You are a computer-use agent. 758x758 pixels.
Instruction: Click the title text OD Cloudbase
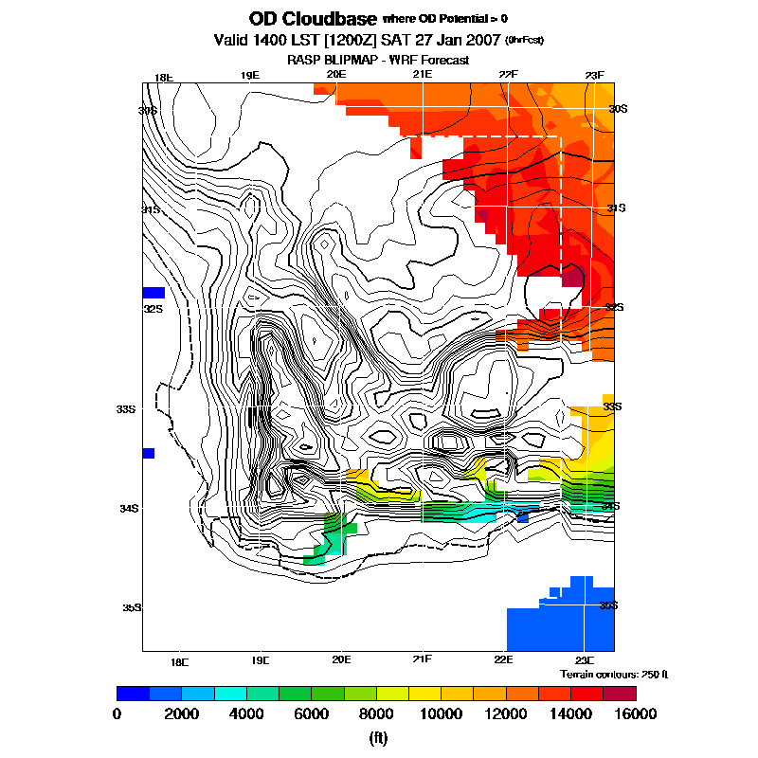[x=312, y=19]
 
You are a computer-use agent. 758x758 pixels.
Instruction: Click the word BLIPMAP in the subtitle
[x=355, y=60]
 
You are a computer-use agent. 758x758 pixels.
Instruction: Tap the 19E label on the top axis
[x=250, y=76]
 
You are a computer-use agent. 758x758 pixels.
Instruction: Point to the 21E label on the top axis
[x=423, y=76]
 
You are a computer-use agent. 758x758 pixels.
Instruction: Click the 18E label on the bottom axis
[x=179, y=660]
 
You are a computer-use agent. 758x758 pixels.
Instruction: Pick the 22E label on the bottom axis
[x=503, y=659]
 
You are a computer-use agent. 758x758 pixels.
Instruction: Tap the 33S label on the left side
[x=127, y=409]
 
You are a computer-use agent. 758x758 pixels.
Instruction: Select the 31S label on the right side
[x=616, y=208]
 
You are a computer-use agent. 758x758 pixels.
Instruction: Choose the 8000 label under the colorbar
[x=376, y=713]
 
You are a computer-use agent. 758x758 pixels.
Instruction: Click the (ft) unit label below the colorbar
[x=377, y=737]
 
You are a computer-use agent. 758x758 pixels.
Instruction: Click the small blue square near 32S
[x=153, y=292]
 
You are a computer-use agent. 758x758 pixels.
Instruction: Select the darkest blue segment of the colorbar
[x=133, y=694]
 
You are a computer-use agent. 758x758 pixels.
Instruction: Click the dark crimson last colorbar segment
[x=621, y=694]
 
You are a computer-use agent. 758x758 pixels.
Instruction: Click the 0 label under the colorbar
[x=117, y=713]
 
